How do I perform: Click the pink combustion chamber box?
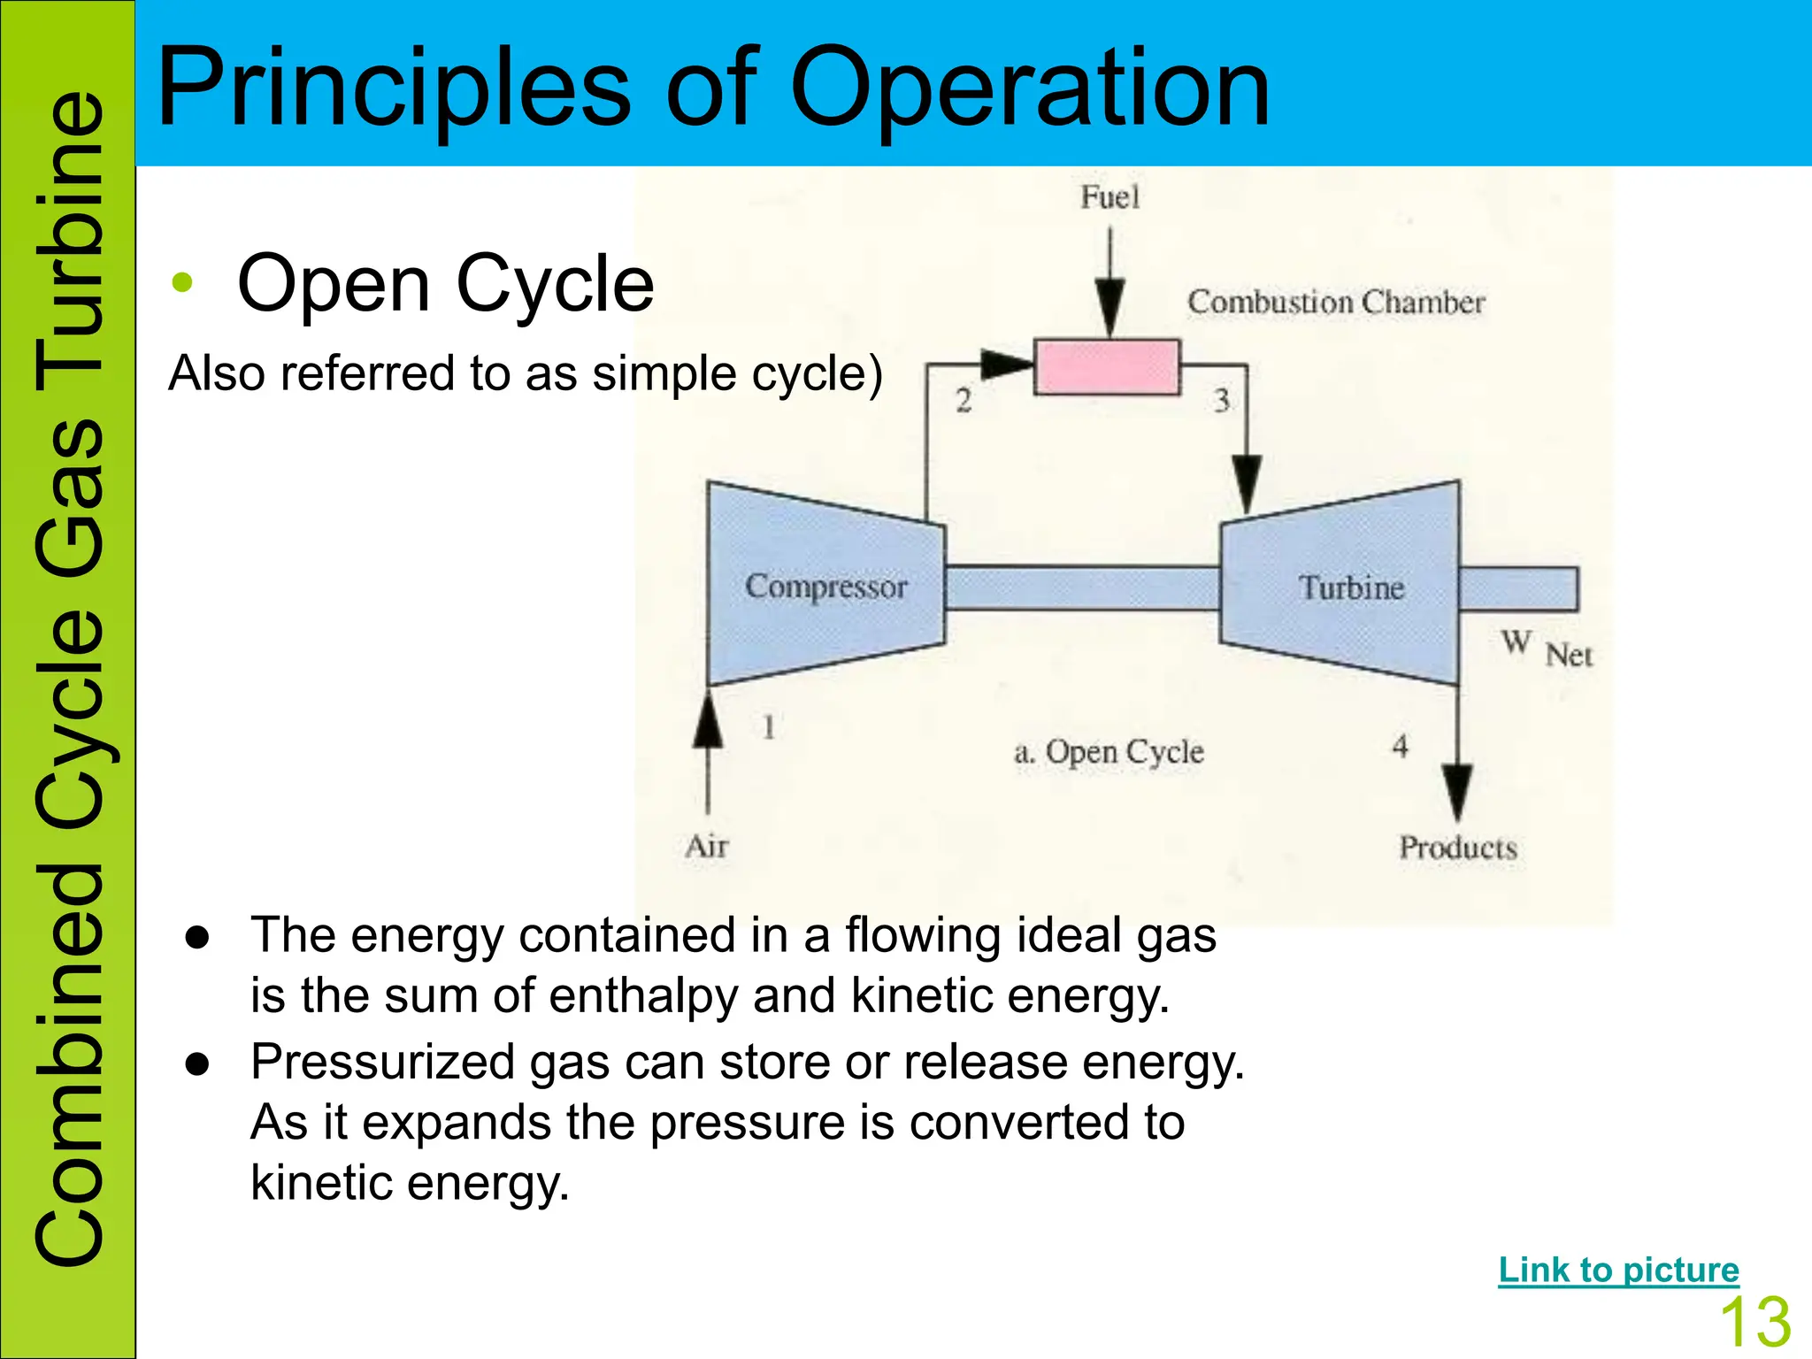1107,366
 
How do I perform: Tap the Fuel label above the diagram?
1109,196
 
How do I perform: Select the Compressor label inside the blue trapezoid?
825,586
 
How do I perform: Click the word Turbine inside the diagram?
1350,587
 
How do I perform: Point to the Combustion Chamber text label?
1335,302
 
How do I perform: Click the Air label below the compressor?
706,846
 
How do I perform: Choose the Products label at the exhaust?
1457,848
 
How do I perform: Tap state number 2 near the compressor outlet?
964,401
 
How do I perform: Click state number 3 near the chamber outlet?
1222,400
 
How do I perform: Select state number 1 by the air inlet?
768,727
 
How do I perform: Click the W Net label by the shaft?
1546,649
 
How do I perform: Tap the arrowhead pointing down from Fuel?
1109,305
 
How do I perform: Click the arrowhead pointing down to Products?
1456,790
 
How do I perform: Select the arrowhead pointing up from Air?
708,722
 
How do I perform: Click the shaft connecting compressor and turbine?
1081,588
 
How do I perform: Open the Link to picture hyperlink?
1618,1270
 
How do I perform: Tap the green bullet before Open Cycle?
182,283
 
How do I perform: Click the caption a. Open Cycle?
1108,752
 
